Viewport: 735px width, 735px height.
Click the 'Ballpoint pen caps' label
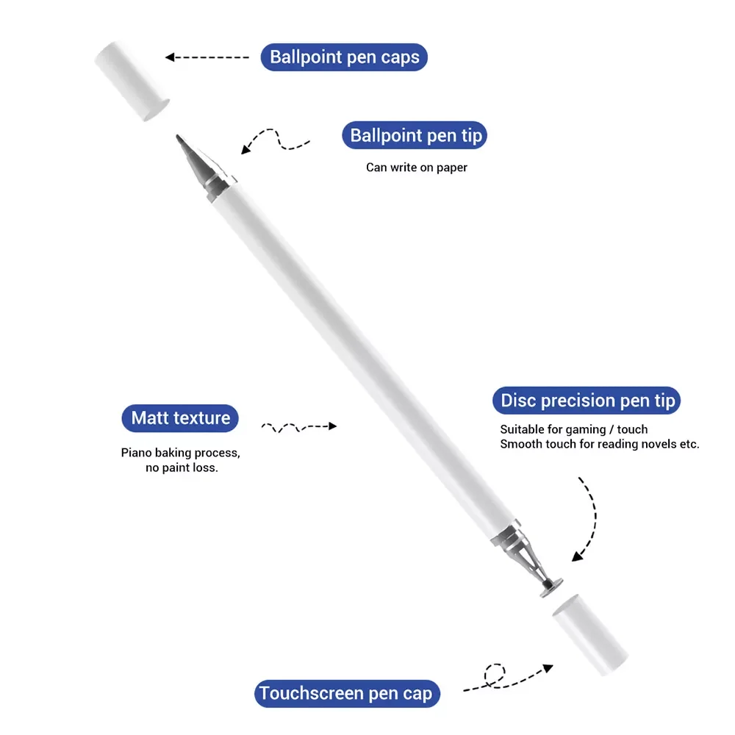point(344,57)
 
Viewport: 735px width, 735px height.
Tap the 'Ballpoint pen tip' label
point(415,136)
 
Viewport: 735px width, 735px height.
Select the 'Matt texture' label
point(181,418)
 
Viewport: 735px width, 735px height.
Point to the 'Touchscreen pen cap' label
point(346,694)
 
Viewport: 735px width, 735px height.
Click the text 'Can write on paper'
point(417,168)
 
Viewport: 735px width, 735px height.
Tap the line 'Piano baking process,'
point(180,453)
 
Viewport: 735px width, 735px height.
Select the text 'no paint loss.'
point(182,467)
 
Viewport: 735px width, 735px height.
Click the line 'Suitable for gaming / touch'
point(573,429)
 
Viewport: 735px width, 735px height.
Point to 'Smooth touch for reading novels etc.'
point(599,444)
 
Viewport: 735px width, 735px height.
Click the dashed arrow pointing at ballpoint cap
point(207,57)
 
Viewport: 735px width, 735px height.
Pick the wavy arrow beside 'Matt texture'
point(298,426)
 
